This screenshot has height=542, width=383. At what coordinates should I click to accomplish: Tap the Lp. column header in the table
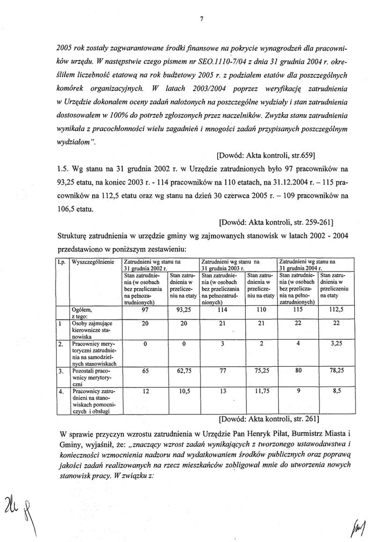61,261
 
